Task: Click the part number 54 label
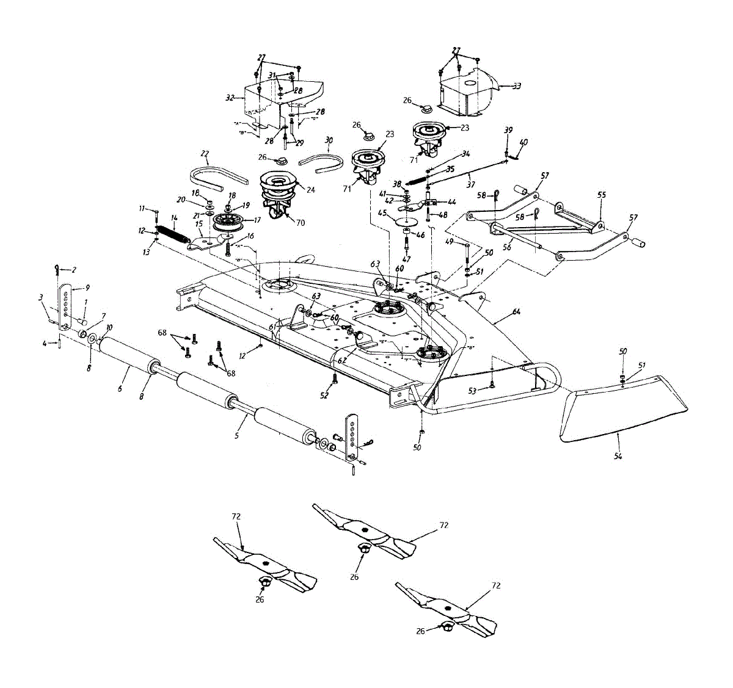click(x=618, y=457)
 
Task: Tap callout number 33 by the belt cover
click(x=517, y=86)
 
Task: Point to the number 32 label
click(x=230, y=97)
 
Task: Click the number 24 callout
click(x=311, y=190)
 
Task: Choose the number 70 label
click(x=301, y=223)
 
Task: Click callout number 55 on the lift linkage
click(x=602, y=195)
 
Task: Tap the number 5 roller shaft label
click(x=237, y=436)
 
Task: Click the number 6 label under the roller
click(x=120, y=388)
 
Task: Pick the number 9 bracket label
click(x=87, y=287)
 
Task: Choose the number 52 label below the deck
click(x=324, y=396)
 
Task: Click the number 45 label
click(x=382, y=213)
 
